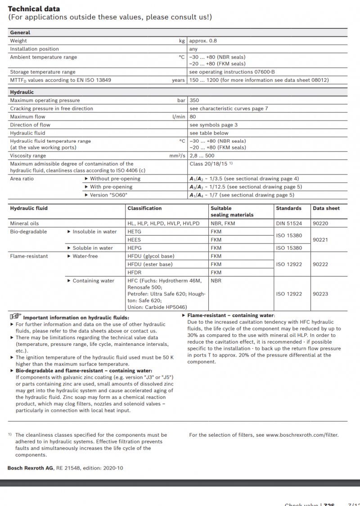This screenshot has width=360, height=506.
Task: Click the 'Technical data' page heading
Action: click(34, 9)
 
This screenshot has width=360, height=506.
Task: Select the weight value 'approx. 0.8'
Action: click(203, 40)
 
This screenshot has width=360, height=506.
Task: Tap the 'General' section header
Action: click(20, 32)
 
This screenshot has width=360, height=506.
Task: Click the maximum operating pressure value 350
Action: click(194, 100)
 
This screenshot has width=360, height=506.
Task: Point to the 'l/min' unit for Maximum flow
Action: click(179, 116)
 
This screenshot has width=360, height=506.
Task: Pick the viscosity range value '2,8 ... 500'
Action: click(202, 156)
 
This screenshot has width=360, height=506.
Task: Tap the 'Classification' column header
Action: click(144, 208)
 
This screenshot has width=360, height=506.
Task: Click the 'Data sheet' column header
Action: click(326, 208)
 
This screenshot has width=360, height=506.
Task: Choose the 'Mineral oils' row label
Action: click(25, 223)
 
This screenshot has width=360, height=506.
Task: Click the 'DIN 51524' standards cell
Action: click(288, 223)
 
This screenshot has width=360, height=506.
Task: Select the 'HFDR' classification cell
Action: click(135, 272)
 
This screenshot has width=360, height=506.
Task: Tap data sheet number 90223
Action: click(320, 294)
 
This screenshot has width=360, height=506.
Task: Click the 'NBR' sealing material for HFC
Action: click(216, 281)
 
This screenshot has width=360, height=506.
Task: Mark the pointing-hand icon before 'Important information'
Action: click(16, 317)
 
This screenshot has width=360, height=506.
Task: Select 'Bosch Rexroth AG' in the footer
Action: click(30, 468)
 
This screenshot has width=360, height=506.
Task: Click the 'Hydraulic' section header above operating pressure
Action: click(22, 92)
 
